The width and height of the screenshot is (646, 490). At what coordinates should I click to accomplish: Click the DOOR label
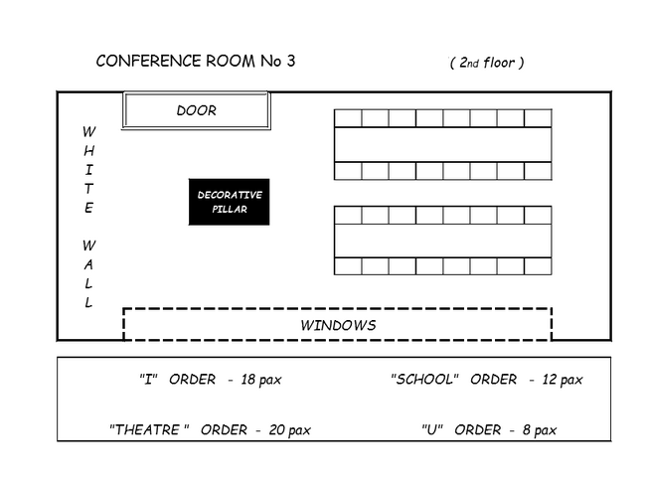[x=196, y=110]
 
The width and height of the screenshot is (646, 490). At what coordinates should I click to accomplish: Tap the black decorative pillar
[x=230, y=202]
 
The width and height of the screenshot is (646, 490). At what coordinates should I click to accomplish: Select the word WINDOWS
[x=338, y=325]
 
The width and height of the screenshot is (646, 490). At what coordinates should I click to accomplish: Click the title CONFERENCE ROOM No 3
[x=195, y=61]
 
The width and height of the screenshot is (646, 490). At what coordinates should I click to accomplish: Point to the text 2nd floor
[x=486, y=63]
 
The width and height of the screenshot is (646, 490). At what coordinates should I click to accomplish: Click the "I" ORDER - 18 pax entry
[x=211, y=380]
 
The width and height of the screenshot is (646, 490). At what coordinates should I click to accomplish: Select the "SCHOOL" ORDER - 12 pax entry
[x=486, y=380]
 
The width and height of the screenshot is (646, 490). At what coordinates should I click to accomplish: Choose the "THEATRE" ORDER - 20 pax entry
[x=210, y=429]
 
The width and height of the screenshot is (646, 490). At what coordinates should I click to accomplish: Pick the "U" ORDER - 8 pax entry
[x=488, y=429]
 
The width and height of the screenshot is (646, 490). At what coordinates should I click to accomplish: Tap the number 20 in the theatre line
[x=275, y=429]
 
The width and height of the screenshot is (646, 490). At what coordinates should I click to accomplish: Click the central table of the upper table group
[x=442, y=144]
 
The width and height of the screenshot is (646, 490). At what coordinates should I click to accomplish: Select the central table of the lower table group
[x=442, y=241]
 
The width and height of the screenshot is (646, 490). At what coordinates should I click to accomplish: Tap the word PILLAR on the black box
[x=230, y=210]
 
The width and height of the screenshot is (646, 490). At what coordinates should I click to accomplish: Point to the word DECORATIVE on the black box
[x=230, y=195]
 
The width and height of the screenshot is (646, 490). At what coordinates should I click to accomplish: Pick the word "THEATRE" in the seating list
[x=149, y=429]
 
